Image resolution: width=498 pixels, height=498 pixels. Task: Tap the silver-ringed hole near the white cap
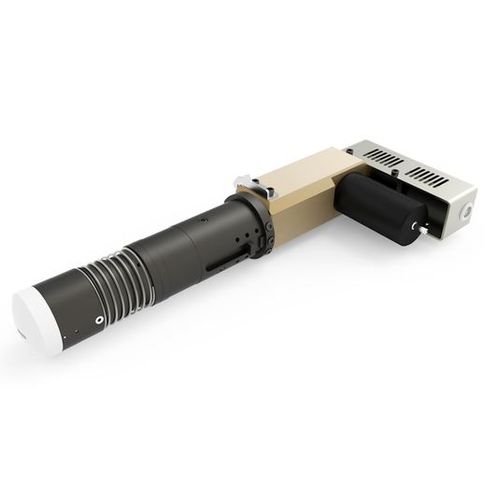pyautogui.click(x=99, y=320)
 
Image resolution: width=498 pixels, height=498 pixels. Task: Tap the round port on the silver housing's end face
pyautogui.click(x=466, y=212)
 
